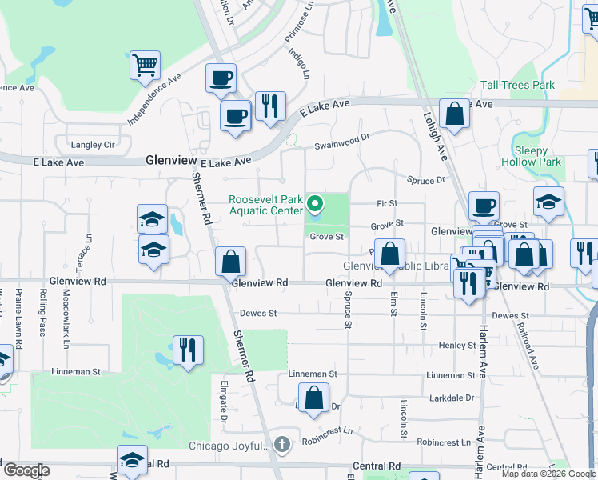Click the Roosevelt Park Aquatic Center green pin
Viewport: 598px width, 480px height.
click(x=314, y=205)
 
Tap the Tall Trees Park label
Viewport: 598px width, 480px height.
click(x=517, y=85)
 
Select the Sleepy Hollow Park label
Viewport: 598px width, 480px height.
click(x=531, y=156)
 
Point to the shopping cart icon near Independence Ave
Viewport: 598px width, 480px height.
click(x=145, y=66)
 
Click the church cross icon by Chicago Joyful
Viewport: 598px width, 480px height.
click(x=281, y=443)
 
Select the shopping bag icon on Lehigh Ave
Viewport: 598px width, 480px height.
click(x=454, y=114)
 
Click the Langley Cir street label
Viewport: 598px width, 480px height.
click(x=94, y=145)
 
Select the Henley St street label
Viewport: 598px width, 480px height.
click(x=457, y=345)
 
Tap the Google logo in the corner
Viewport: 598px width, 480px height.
click(x=26, y=470)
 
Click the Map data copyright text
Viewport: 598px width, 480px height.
click(x=548, y=474)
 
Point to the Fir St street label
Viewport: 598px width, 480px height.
click(x=387, y=204)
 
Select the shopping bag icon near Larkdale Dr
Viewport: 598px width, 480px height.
click(x=314, y=398)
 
